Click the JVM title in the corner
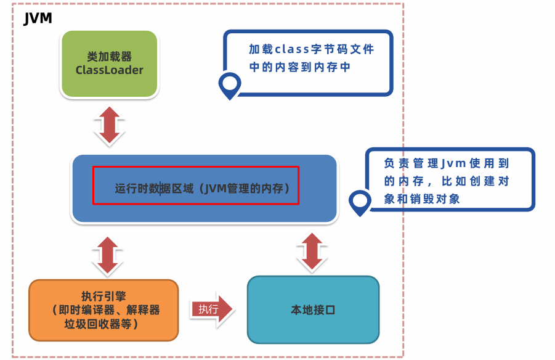click(x=37, y=18)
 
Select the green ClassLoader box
click(x=110, y=63)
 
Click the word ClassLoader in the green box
click(x=110, y=70)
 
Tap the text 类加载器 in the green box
click(x=110, y=56)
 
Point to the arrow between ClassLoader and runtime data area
click(x=109, y=126)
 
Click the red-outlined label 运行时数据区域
click(x=196, y=186)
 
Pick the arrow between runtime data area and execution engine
click(x=108, y=255)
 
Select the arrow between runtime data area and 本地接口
click(x=312, y=252)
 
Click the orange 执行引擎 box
click(x=103, y=310)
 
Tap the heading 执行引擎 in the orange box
click(x=103, y=293)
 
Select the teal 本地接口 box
click(x=313, y=309)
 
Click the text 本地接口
click(x=313, y=309)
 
